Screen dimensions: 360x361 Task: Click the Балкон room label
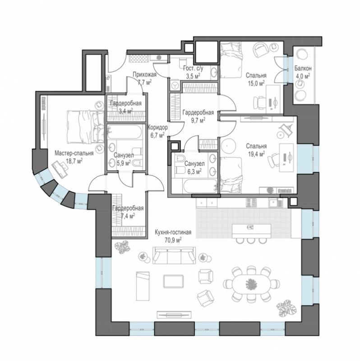click(303, 69)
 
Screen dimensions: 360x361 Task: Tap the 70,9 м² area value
click(173, 240)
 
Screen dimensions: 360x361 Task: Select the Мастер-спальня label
click(74, 153)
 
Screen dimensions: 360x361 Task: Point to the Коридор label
click(157, 127)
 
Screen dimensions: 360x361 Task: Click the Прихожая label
click(144, 74)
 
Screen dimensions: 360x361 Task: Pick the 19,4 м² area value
click(256, 153)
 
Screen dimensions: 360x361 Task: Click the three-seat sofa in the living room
click(174, 255)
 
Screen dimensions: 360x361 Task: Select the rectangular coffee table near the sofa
click(174, 281)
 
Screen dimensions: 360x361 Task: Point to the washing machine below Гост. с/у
click(175, 86)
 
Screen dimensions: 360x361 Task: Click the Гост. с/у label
click(194, 68)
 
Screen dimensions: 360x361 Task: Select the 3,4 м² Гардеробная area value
click(126, 111)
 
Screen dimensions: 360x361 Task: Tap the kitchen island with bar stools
click(251, 231)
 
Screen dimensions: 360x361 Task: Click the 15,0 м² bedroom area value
click(256, 83)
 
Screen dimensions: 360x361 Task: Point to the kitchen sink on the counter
click(274, 203)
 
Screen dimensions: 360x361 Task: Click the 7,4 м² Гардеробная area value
click(128, 216)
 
